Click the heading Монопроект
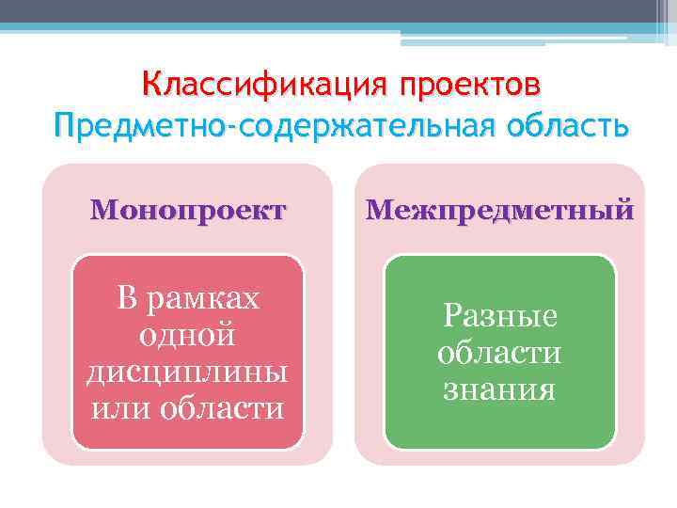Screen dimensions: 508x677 187,209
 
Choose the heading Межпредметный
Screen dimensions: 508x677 499,209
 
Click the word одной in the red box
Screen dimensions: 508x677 187,335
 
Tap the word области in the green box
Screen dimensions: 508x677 499,352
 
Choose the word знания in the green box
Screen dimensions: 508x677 499,389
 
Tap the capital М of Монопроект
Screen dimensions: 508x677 101,209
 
